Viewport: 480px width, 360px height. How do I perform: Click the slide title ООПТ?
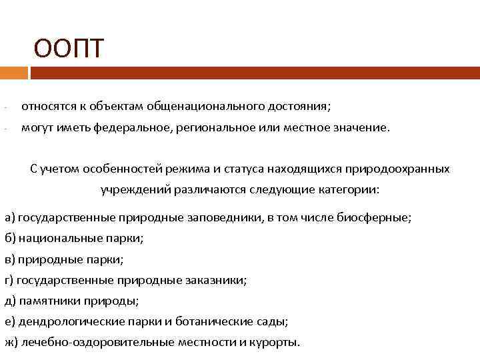click(70, 48)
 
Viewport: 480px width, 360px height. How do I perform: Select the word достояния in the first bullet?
click(297, 106)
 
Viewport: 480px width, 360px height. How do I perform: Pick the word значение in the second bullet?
click(357, 127)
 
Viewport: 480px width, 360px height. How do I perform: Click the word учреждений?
click(135, 190)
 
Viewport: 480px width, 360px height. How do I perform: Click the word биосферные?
click(380, 217)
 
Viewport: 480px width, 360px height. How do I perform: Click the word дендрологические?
click(74, 321)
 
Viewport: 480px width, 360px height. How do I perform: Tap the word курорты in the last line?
click(274, 343)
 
